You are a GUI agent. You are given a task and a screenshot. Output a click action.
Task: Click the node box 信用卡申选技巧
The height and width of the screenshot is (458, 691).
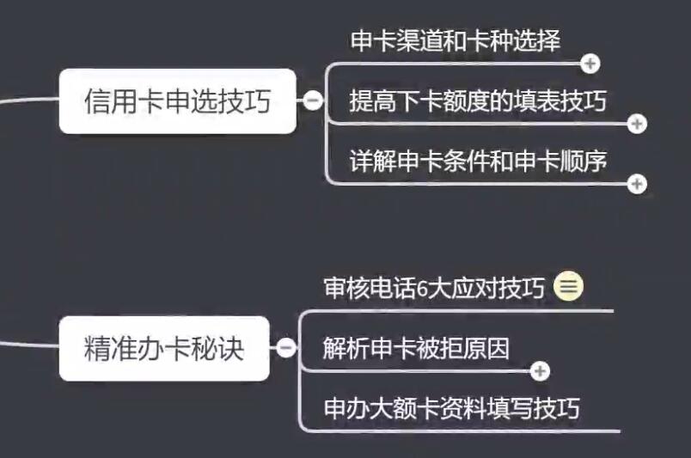(178, 101)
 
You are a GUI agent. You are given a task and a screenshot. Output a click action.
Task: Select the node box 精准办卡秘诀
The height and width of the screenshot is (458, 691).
(164, 348)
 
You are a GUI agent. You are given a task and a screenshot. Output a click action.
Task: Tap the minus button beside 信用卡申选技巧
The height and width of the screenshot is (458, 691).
(313, 101)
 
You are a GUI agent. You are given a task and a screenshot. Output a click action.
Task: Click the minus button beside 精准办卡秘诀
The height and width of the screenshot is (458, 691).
(286, 348)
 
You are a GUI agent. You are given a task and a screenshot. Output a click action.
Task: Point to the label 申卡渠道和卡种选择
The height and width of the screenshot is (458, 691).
(456, 41)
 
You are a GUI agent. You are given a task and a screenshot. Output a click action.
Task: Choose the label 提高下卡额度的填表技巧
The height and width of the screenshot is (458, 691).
(478, 101)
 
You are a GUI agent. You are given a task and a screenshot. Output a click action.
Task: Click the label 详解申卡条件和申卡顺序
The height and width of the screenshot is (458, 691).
(478, 161)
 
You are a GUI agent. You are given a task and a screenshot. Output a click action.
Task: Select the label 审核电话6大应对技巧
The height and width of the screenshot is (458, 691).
(434, 288)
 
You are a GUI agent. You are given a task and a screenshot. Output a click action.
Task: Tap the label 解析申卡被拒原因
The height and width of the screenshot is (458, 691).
(416, 348)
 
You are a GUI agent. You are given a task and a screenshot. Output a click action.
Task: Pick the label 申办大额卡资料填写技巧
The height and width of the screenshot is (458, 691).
(452, 408)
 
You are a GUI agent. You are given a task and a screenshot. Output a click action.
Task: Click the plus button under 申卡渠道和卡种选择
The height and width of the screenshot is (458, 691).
(590, 64)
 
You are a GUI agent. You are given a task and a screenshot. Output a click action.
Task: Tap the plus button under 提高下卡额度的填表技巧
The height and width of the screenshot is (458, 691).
(637, 124)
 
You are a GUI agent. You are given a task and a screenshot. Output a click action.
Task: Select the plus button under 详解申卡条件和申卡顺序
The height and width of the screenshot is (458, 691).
(637, 184)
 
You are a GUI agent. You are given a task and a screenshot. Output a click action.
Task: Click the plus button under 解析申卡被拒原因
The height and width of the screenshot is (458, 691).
(540, 371)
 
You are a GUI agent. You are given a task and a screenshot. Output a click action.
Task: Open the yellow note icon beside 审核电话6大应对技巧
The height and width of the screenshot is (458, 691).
(568, 286)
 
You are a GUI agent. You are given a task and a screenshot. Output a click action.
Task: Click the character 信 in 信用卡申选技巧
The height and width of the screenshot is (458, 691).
(95, 101)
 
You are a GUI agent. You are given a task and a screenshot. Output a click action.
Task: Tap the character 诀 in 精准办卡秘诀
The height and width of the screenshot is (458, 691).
(231, 349)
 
